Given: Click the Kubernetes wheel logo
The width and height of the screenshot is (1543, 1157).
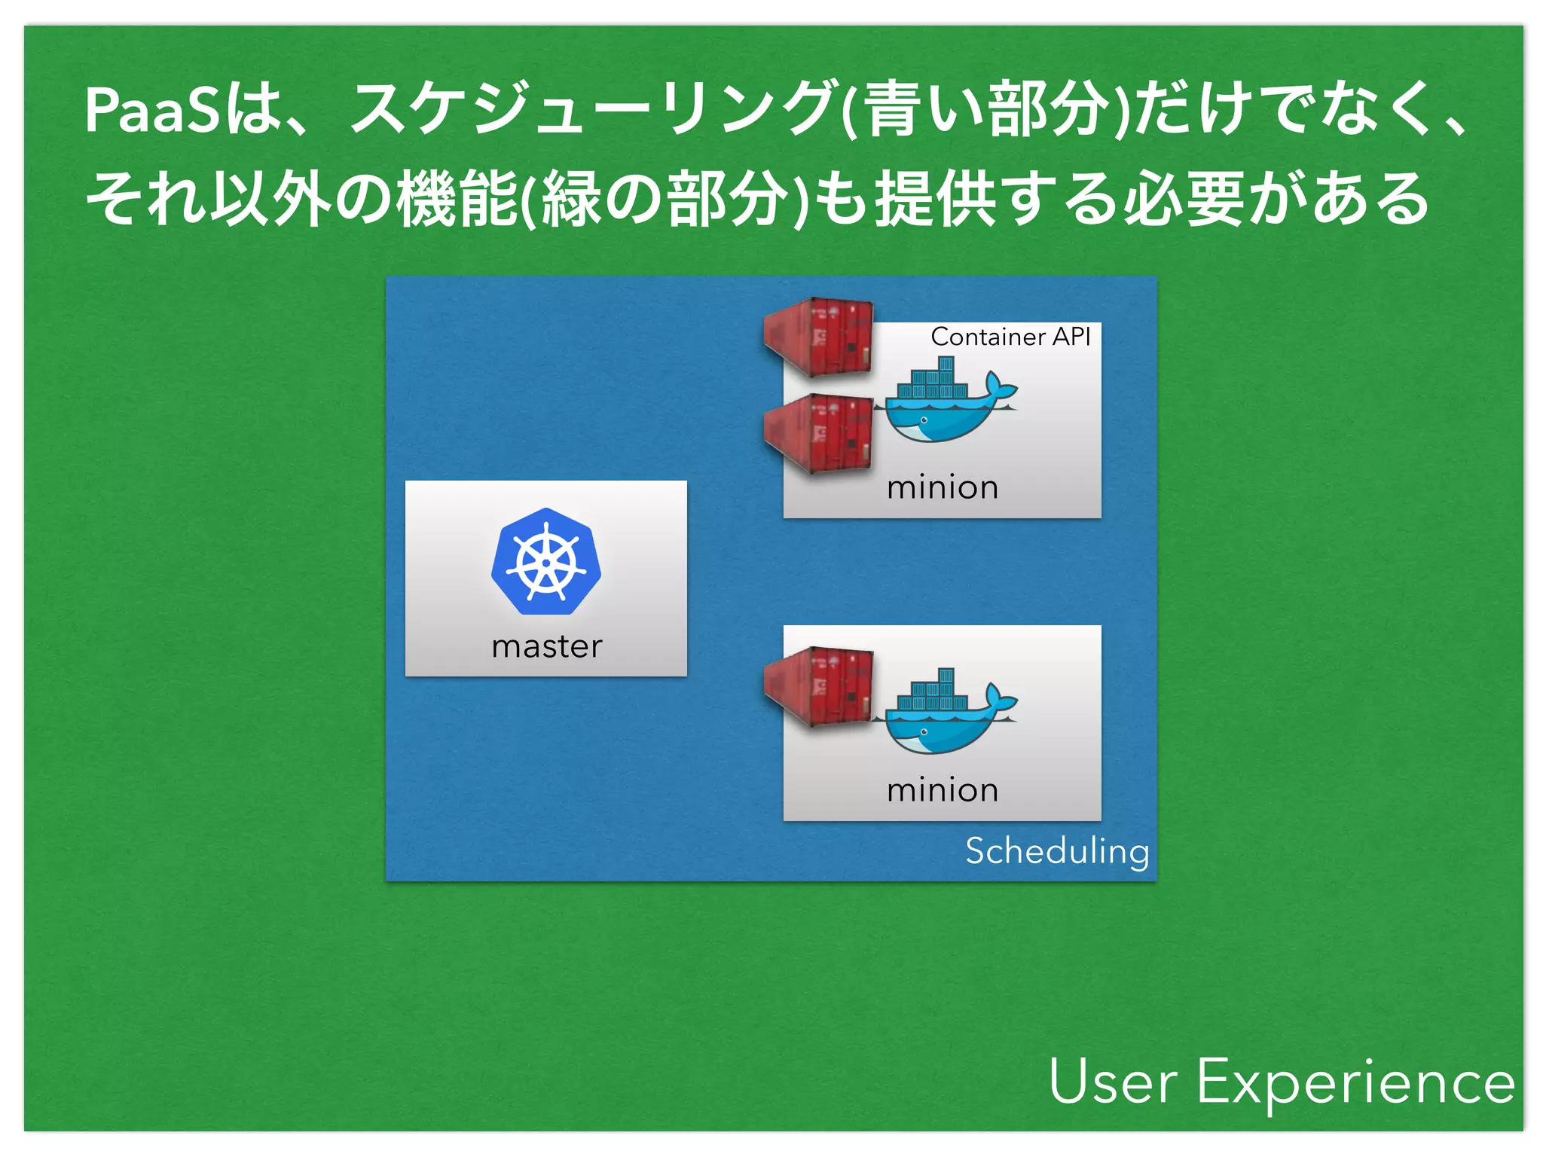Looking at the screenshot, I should tap(546, 561).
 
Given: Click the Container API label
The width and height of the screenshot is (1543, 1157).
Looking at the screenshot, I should tap(1010, 337).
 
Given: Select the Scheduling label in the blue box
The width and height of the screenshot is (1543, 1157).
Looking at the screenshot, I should tap(1056, 851).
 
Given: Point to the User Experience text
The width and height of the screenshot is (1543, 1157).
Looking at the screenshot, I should tap(1281, 1082).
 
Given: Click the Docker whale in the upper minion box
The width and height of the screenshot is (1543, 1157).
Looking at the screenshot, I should tap(942, 411).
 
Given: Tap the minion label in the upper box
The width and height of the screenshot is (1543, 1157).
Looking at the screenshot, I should tap(942, 487).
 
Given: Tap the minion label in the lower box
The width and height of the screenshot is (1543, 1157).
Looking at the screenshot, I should tap(942, 790).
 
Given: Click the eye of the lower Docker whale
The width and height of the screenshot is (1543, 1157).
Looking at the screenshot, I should tap(924, 731).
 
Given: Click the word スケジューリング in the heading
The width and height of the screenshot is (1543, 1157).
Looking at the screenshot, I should tap(591, 111).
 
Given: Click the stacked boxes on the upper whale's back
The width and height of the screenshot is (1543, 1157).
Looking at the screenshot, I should tap(934, 380).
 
